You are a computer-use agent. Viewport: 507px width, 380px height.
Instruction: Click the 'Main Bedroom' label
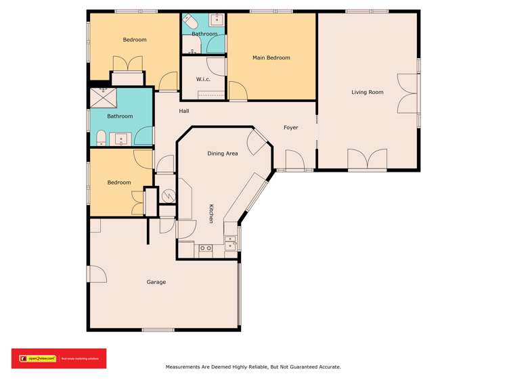pyautogui.click(x=271, y=58)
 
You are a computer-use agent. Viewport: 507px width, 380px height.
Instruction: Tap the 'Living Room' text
pyautogui.click(x=368, y=92)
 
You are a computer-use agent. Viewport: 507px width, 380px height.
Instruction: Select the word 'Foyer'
pyautogui.click(x=290, y=126)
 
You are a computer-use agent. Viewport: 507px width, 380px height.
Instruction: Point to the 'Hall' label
pyautogui.click(x=184, y=111)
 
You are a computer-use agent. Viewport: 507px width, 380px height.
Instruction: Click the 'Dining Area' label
pyautogui.click(x=222, y=154)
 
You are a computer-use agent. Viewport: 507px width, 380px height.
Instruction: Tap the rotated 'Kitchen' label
pyautogui.click(x=211, y=214)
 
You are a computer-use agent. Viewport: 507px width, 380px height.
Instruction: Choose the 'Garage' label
pyautogui.click(x=156, y=282)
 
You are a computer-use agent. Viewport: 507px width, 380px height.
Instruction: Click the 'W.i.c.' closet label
pyautogui.click(x=203, y=79)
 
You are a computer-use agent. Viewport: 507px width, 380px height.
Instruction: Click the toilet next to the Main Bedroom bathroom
pyautogui.click(x=190, y=20)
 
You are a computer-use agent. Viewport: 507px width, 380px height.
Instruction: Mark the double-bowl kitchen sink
pyautogui.click(x=230, y=243)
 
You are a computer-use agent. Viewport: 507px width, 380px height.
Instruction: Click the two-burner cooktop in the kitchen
pyautogui.click(x=205, y=248)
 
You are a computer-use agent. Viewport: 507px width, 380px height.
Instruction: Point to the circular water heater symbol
pyautogui.click(x=167, y=195)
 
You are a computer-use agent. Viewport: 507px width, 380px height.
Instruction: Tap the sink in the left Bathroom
pyautogui.click(x=123, y=139)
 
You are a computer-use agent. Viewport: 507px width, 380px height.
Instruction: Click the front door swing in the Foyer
pyautogui.click(x=294, y=161)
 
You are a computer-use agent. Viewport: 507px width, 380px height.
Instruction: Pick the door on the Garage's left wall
pyautogui.click(x=96, y=274)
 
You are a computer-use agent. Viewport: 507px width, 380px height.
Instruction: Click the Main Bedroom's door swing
pyautogui.click(x=238, y=91)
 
